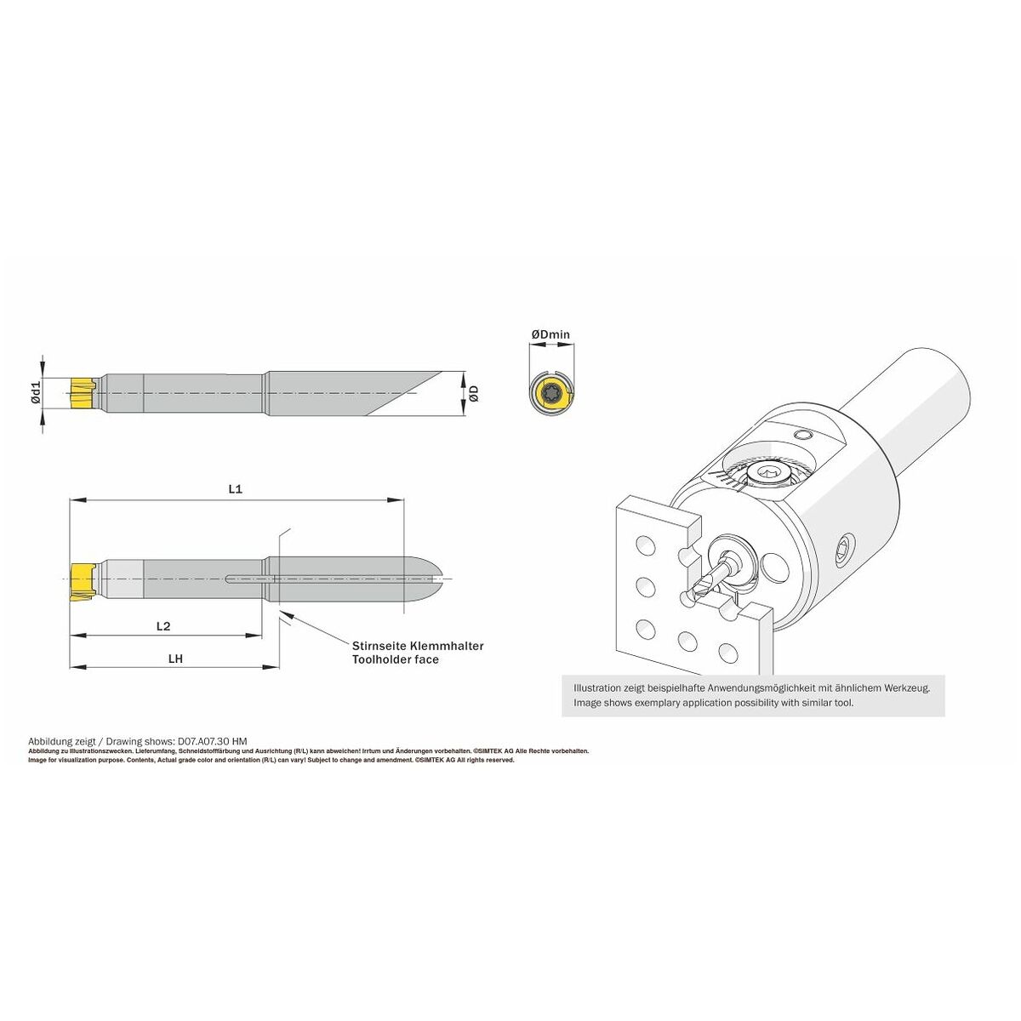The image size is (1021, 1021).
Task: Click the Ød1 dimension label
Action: coord(36,393)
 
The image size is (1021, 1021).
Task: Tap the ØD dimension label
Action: coord(474,393)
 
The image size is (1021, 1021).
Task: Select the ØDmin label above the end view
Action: coord(550,334)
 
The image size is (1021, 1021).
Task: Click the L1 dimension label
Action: coord(235,489)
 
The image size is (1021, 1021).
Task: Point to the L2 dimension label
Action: coord(163,626)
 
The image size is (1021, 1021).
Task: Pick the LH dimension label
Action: coord(175,659)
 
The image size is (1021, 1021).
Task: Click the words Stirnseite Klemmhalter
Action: coord(418,646)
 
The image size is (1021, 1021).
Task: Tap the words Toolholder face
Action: coord(396,659)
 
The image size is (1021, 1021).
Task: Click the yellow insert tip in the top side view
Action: coord(83,392)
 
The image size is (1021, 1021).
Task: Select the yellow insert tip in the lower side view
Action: coord(83,582)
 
